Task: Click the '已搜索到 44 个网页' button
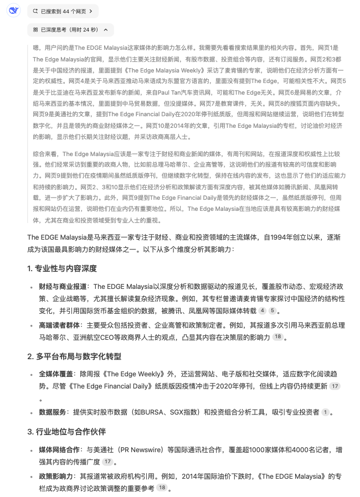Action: pyautogui.click(x=63, y=11)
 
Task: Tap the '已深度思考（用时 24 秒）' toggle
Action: pyautogui.click(x=70, y=29)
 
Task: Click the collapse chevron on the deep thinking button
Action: pyautogui.click(x=105, y=29)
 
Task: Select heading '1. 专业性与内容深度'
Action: pyautogui.click(x=62, y=268)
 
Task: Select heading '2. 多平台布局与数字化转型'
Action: pyautogui.click(x=74, y=356)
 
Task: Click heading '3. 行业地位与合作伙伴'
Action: pyautogui.click(x=66, y=431)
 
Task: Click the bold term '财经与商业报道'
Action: pyautogui.click(x=63, y=286)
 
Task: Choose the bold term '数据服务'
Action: pyautogui.click(x=52, y=412)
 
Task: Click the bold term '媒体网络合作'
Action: pyautogui.click(x=59, y=449)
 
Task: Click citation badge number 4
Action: pyautogui.click(x=263, y=311)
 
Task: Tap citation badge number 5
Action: pyautogui.click(x=272, y=311)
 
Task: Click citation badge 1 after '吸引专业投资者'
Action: pyautogui.click(x=325, y=412)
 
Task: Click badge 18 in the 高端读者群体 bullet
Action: pyautogui.click(x=278, y=336)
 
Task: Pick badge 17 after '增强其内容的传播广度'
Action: pyautogui.click(x=107, y=462)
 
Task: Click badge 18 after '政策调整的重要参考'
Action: pyautogui.click(x=162, y=488)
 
